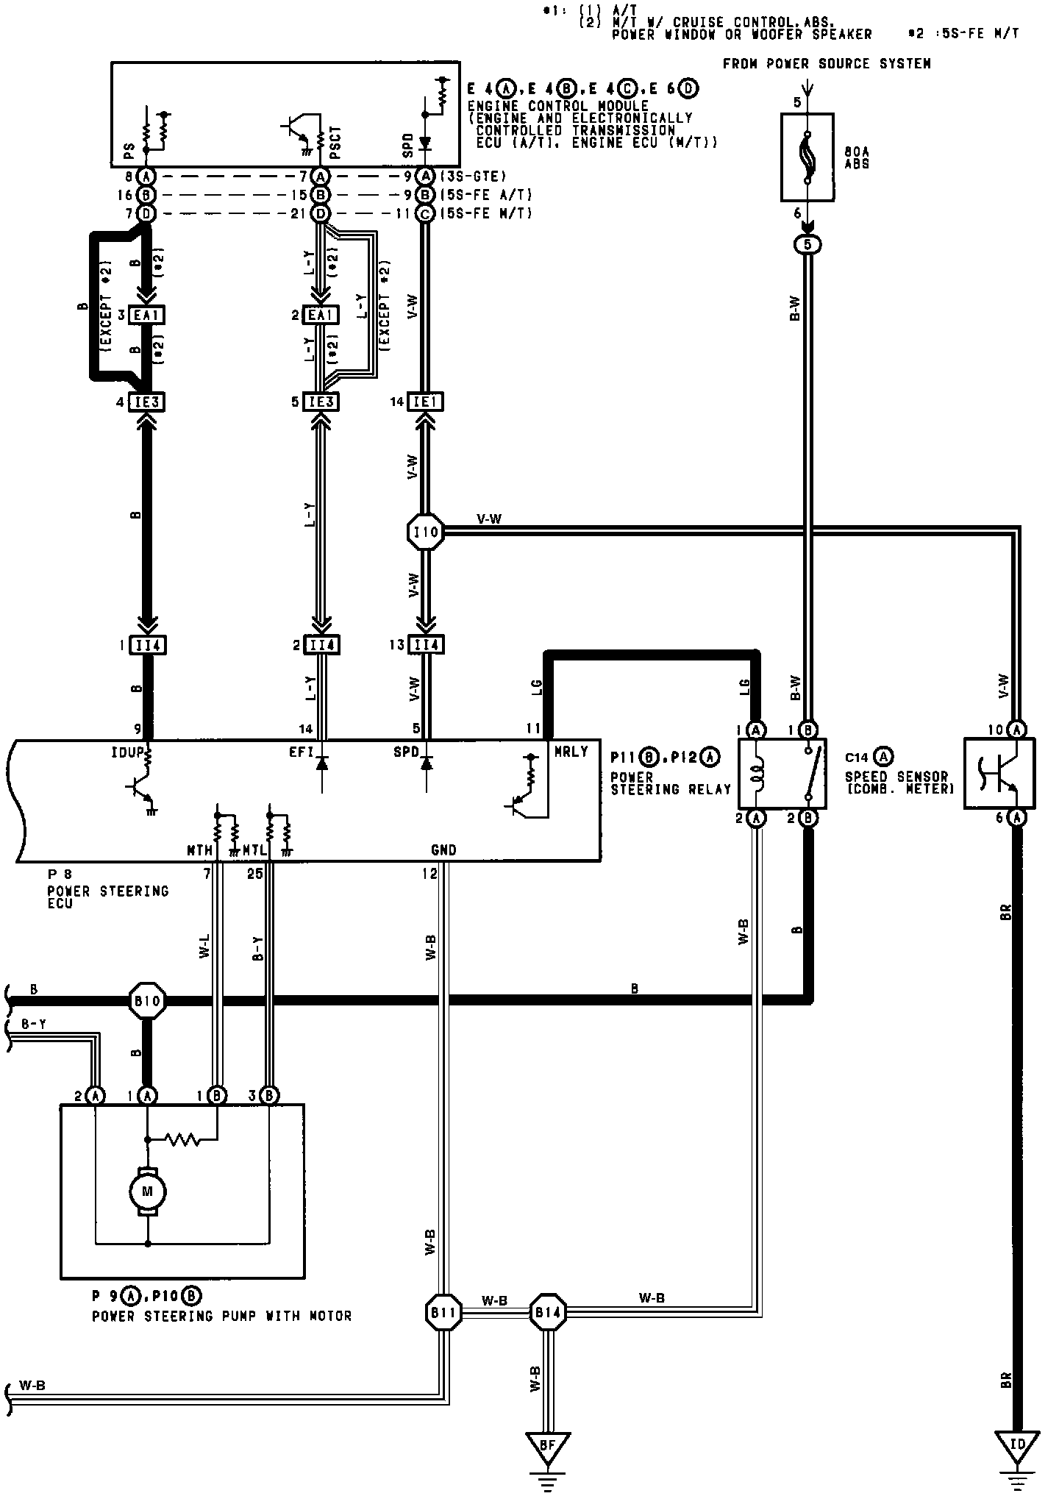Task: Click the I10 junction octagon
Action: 426,532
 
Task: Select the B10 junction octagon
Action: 148,1000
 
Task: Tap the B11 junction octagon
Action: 444,1311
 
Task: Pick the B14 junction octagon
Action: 548,1311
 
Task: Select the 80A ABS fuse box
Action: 807,157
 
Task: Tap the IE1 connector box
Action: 426,402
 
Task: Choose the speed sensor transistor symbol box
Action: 999,773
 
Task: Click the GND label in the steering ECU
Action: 443,850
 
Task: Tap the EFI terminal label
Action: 302,752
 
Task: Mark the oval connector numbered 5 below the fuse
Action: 807,244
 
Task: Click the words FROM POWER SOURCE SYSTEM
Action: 827,64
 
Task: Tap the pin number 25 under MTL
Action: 254,873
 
